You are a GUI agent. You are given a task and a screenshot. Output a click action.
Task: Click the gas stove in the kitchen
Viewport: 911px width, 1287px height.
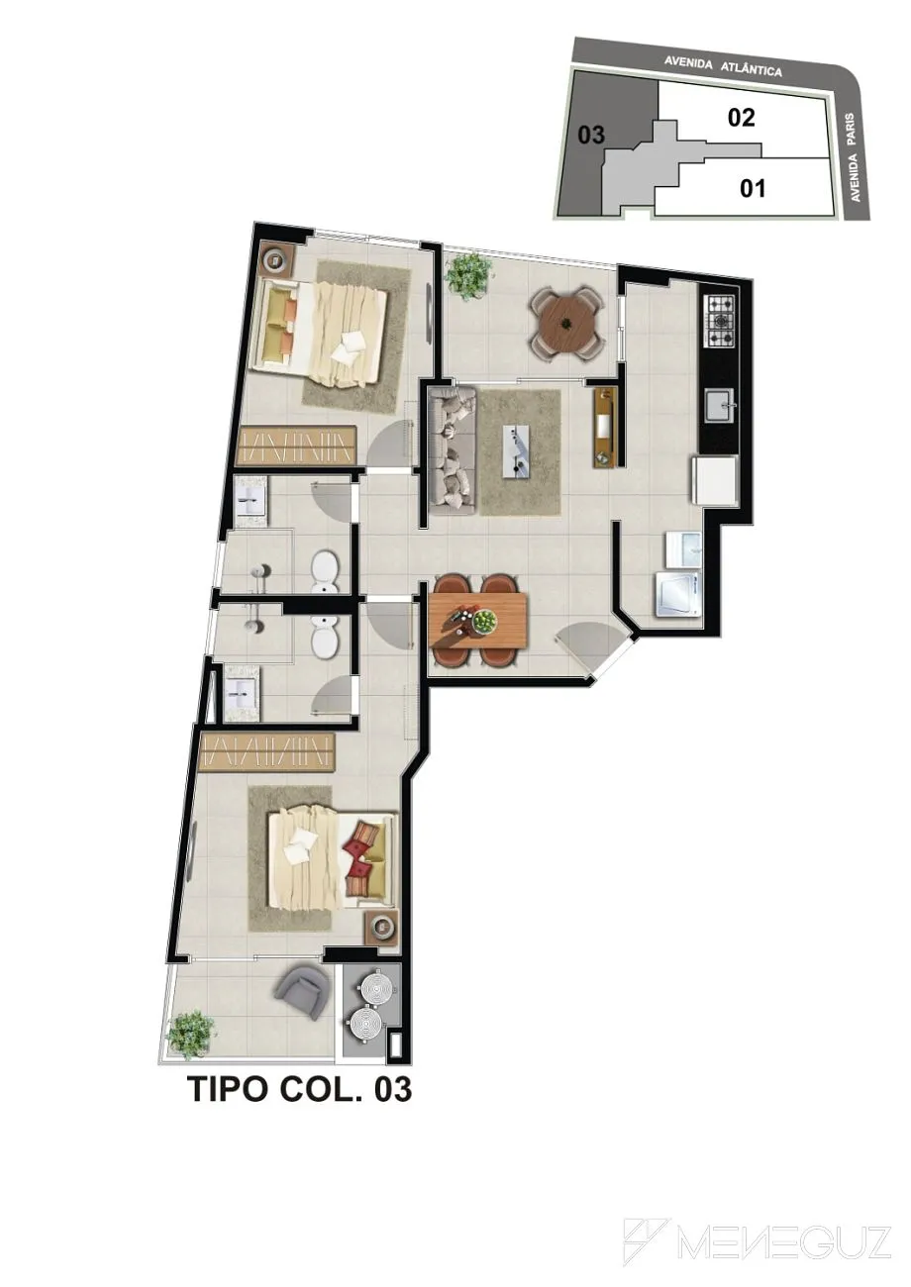click(719, 321)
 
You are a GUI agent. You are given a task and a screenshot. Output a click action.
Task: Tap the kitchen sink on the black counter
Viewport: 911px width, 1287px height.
click(719, 405)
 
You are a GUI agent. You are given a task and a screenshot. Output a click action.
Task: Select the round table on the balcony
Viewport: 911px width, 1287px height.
click(566, 323)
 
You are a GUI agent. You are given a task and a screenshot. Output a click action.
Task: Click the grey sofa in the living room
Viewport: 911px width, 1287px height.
click(453, 449)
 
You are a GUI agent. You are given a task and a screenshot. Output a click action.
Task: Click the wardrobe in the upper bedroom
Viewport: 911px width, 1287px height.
click(296, 445)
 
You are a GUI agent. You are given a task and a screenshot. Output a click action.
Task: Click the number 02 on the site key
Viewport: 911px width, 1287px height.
click(741, 118)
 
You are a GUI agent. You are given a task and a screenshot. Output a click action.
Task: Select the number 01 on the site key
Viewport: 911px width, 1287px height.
click(753, 188)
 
